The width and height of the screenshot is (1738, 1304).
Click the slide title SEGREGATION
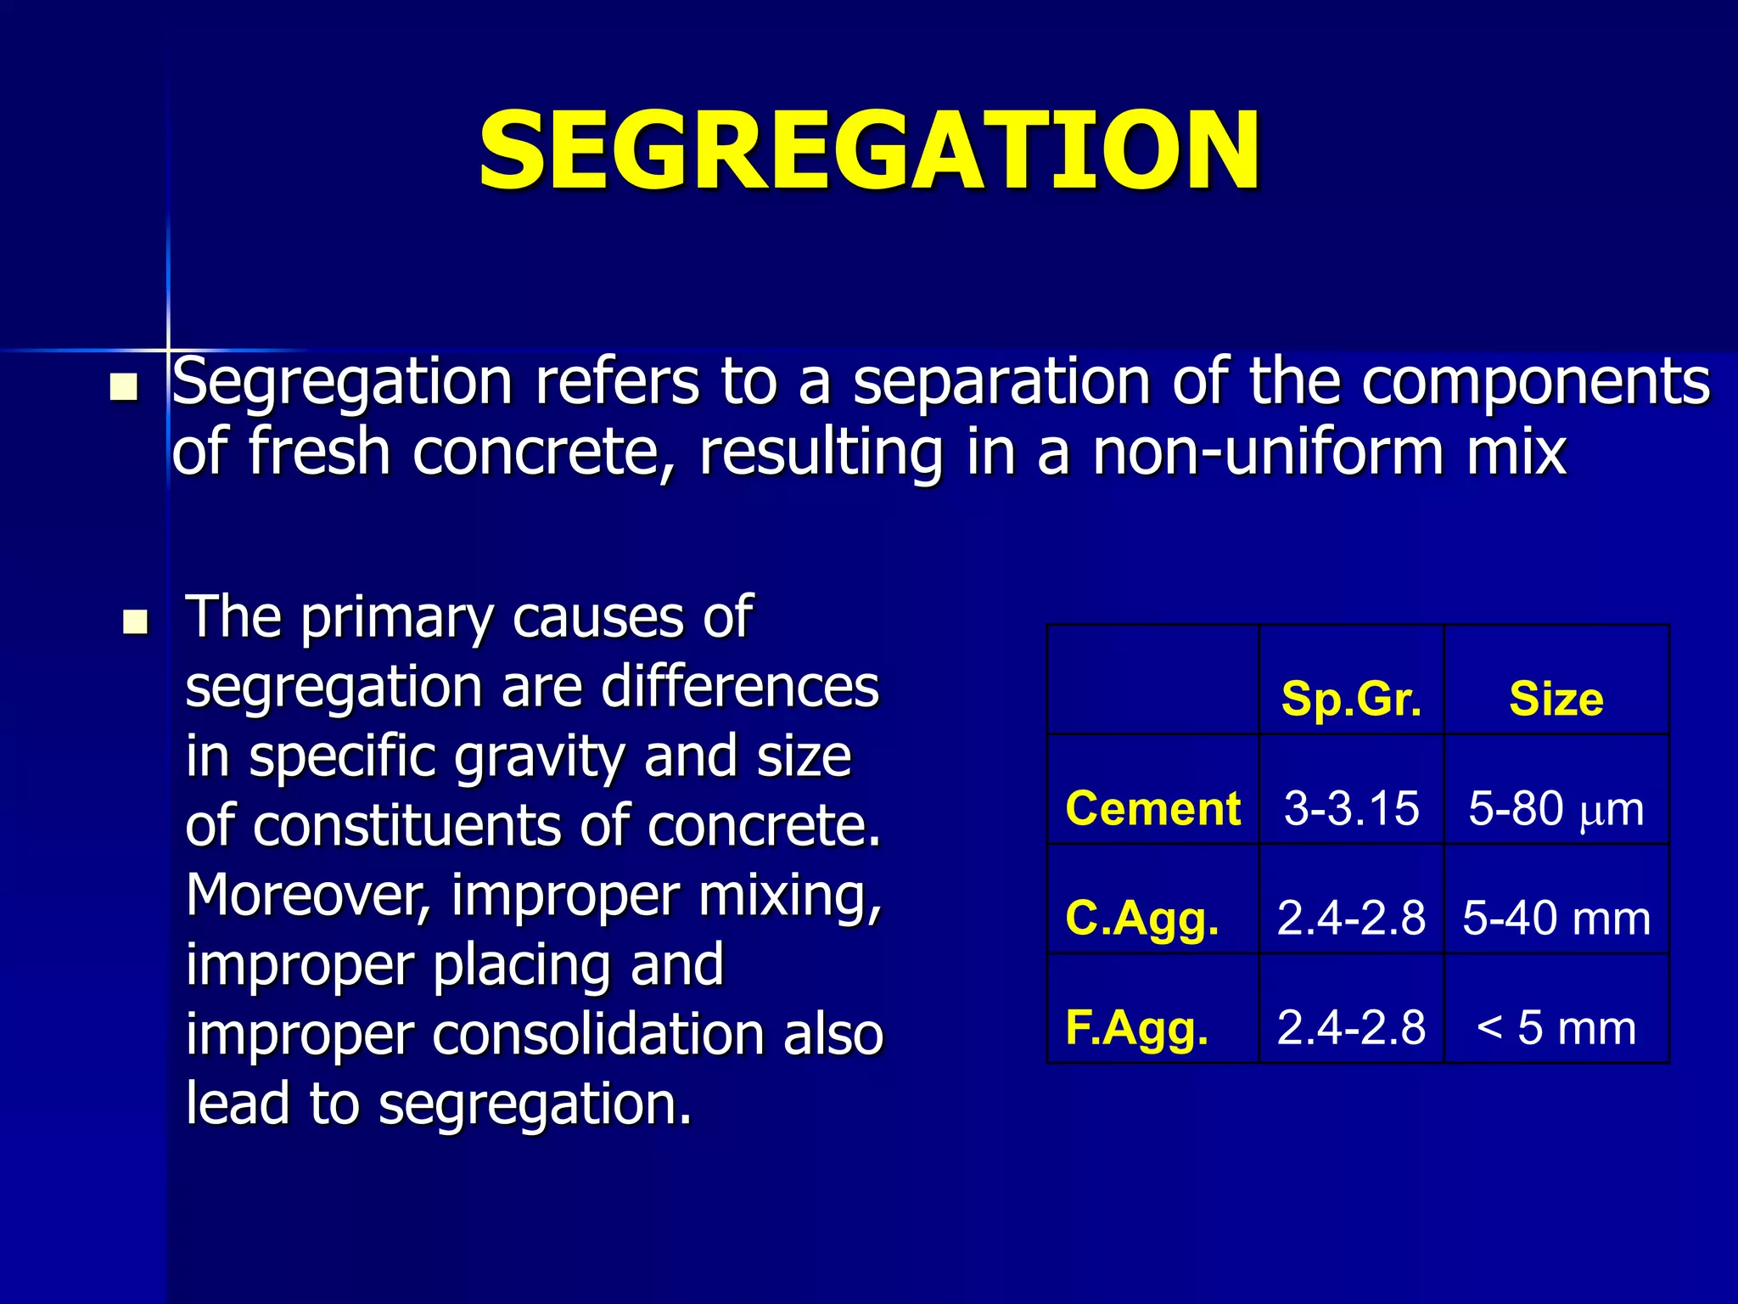click(869, 151)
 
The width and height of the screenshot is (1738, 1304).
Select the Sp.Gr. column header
click(1351, 700)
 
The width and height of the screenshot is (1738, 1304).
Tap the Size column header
click(1556, 700)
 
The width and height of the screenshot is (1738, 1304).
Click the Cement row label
click(1152, 807)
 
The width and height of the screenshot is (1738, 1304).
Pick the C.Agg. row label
click(1142, 919)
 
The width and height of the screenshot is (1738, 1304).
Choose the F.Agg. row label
click(1137, 1028)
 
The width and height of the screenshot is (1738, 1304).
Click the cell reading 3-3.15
click(1351, 807)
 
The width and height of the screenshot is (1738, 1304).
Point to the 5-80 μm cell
click(1556, 809)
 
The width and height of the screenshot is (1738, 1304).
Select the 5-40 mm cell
click(1556, 919)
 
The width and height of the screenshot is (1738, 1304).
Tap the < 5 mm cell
click(1556, 1028)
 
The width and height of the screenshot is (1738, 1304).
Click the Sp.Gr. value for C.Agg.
click(1351, 919)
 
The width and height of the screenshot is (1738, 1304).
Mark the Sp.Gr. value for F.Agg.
click(1351, 1028)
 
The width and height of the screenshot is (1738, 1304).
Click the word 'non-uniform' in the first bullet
click(1268, 452)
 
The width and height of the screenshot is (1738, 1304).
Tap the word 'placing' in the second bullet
click(519, 965)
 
